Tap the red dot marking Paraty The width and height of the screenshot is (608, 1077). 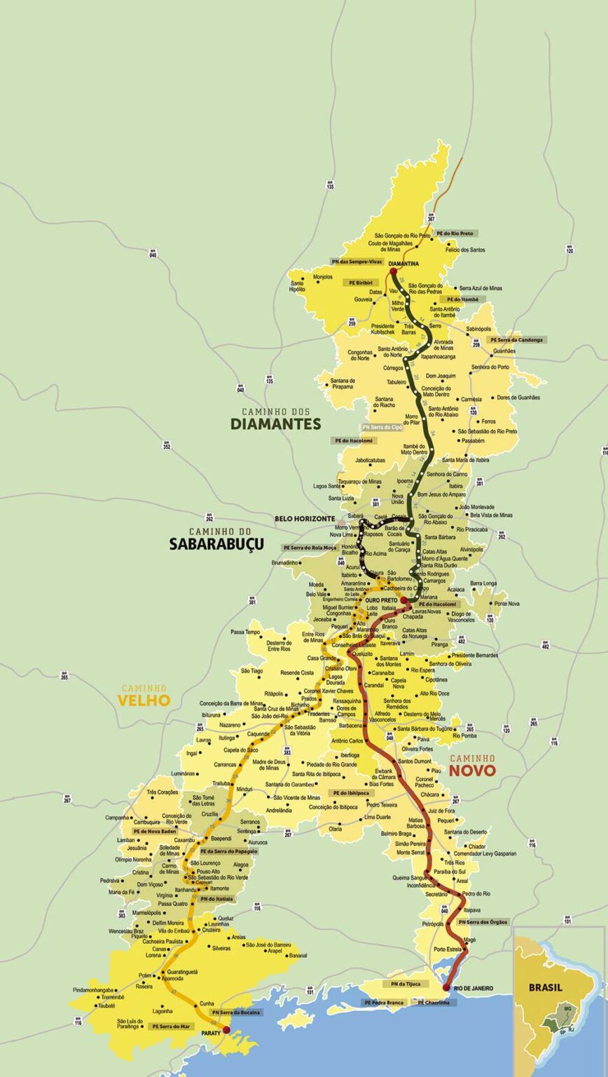point(226,1030)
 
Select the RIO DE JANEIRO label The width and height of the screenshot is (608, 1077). point(474,988)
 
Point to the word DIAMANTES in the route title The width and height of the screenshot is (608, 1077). point(276,424)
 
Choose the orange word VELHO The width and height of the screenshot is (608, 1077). point(144,700)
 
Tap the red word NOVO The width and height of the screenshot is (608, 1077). point(472,771)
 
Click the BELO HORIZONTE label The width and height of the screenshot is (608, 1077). point(305,518)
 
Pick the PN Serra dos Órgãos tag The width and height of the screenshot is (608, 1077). point(484,922)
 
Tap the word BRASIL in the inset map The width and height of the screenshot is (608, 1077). point(546,987)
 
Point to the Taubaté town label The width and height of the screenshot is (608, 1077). point(88,1005)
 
